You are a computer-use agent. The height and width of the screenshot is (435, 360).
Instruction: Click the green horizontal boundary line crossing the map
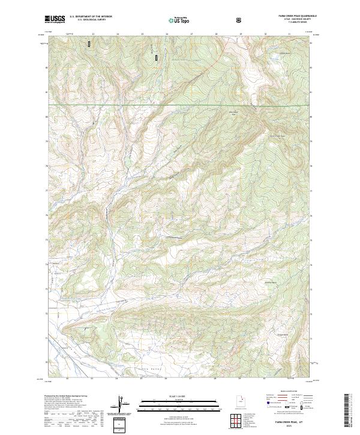[x=180, y=106]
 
